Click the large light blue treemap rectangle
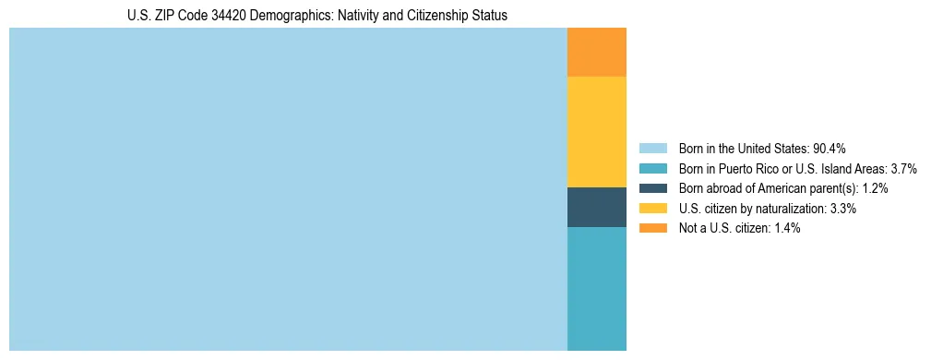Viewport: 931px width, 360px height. [x=288, y=189]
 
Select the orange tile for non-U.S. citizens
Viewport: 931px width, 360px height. [x=596, y=53]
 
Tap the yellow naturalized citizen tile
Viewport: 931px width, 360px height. [x=596, y=132]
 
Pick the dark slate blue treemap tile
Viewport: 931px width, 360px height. [x=596, y=207]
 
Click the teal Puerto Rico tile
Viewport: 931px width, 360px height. [x=596, y=288]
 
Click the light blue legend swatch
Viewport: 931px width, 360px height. [x=652, y=149]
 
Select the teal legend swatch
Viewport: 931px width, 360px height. [x=652, y=169]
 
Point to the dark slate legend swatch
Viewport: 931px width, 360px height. [x=652, y=188]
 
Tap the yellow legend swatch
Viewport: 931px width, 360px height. [x=652, y=209]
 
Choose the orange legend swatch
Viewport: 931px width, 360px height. [x=652, y=228]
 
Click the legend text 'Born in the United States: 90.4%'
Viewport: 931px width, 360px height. [x=762, y=149]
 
